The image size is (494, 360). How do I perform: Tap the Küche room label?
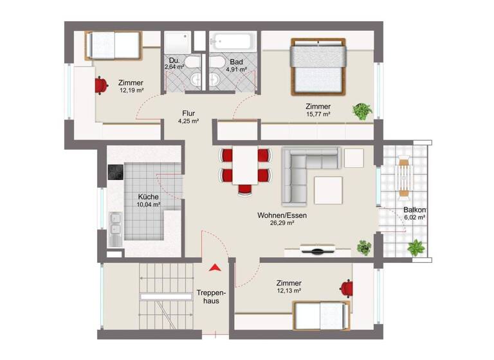pyautogui.click(x=148, y=197)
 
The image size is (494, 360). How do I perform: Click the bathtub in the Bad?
pyautogui.click(x=234, y=40)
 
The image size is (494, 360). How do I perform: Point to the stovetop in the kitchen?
pyautogui.click(x=114, y=173)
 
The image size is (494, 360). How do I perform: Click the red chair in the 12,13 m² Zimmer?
pyautogui.click(x=346, y=288)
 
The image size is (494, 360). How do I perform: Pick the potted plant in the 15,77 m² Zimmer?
pyautogui.click(x=362, y=111)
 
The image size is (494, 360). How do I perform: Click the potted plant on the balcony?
pyautogui.click(x=416, y=248)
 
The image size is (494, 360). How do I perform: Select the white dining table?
pyautogui.click(x=245, y=165)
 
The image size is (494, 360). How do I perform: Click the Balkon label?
pyautogui.click(x=415, y=210)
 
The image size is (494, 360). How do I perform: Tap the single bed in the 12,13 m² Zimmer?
pyautogui.click(x=322, y=315)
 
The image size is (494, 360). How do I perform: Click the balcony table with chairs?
pyautogui.click(x=404, y=175)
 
